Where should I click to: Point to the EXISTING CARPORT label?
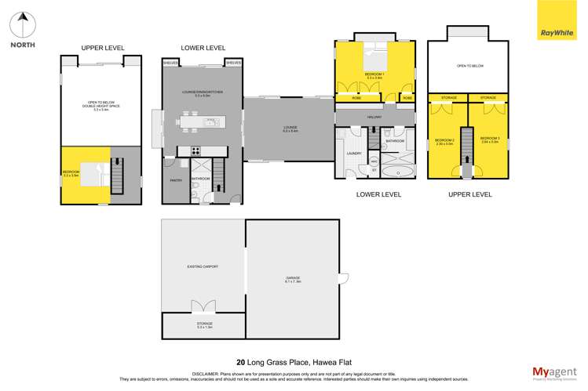202,266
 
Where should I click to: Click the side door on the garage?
343,277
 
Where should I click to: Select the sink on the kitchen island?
210,122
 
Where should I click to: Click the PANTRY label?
176,179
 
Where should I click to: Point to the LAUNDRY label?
354,153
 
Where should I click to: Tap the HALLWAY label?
374,117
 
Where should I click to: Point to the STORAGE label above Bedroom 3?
488,98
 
